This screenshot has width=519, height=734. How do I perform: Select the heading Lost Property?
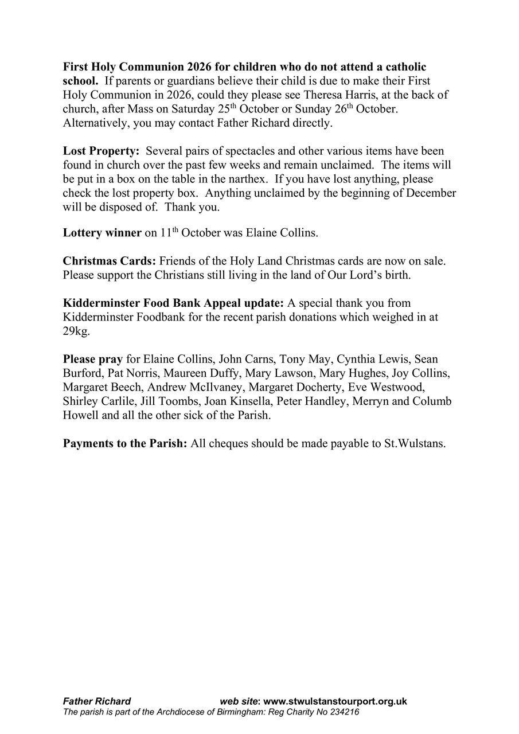[101, 151]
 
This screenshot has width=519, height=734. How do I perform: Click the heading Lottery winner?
[102, 233]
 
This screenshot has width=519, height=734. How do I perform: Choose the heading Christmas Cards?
[110, 261]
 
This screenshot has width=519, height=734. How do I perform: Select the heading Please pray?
[93, 360]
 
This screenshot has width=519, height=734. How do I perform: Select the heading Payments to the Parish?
[125, 443]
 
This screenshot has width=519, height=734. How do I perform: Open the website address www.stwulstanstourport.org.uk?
[335, 701]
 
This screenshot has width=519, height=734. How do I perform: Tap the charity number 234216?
[342, 712]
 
